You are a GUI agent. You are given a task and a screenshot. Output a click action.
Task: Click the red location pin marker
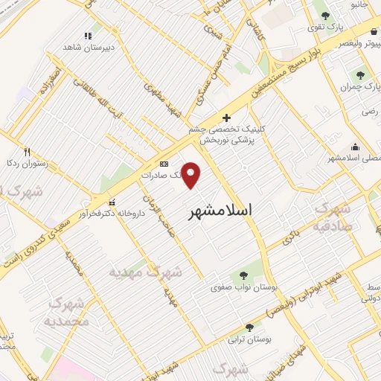191,176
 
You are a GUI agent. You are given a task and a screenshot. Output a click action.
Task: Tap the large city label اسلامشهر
221,210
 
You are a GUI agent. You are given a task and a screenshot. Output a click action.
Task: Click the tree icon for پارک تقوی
325,15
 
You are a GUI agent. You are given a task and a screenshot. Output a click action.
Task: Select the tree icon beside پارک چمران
361,74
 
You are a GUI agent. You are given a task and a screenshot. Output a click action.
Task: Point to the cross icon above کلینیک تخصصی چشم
227,118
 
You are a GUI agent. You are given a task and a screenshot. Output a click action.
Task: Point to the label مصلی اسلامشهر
354,159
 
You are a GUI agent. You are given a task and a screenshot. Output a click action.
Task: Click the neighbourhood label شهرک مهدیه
147,271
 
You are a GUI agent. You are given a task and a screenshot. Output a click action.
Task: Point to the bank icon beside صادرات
164,164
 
